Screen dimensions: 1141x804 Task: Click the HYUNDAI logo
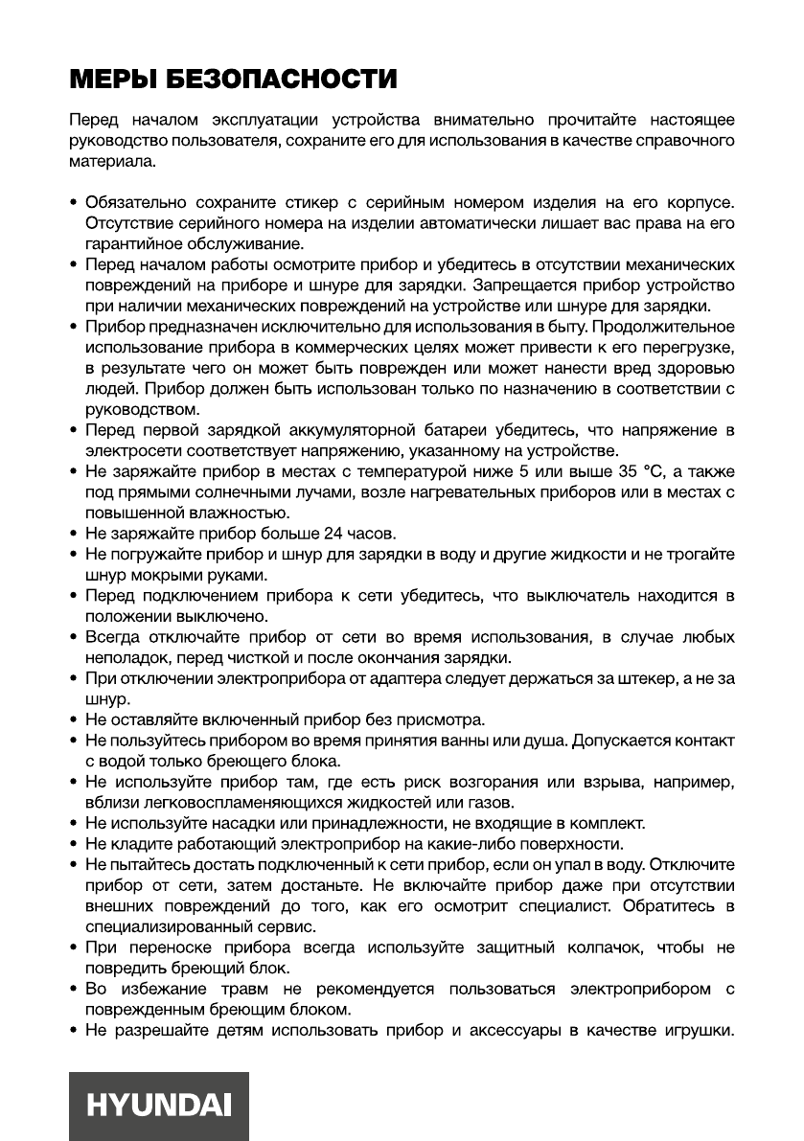(x=159, y=1106)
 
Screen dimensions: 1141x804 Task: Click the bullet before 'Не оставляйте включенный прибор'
(x=75, y=720)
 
